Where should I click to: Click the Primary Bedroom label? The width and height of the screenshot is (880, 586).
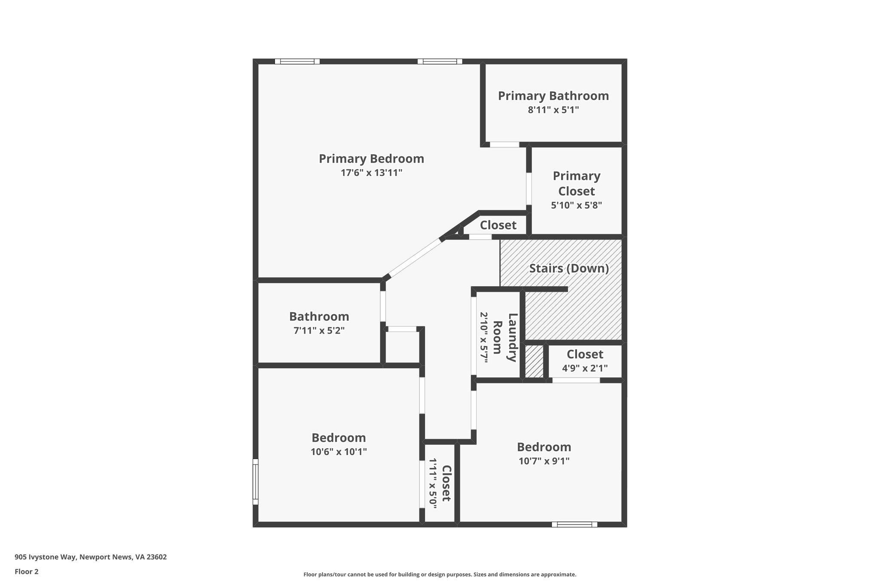[x=371, y=159]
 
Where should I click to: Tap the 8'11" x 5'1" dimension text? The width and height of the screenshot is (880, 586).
[x=553, y=110]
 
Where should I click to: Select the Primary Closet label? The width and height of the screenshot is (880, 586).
[x=576, y=183]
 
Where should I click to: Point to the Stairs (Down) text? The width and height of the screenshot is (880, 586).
[x=568, y=268]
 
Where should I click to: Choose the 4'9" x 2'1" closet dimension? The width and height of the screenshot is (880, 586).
[x=584, y=368]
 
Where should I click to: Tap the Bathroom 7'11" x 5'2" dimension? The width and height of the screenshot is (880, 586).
[x=319, y=331]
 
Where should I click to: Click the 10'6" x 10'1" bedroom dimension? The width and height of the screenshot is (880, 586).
[x=339, y=452]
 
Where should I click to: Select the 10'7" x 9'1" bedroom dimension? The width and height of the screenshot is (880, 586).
[x=544, y=461]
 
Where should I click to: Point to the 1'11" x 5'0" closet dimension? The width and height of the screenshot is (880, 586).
[x=433, y=483]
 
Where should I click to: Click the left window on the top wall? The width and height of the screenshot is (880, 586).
[x=297, y=61]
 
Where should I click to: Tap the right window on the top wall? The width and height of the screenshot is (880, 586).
[x=440, y=61]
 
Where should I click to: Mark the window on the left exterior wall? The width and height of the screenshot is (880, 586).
[x=255, y=481]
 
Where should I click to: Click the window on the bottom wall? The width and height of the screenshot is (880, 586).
[x=574, y=524]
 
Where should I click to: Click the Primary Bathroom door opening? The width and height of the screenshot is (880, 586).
[x=504, y=145]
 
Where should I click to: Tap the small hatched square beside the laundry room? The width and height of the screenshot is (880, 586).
[x=534, y=361]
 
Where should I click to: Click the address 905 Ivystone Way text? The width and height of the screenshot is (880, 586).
[x=91, y=557]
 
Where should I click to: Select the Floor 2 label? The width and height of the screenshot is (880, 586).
[x=27, y=572]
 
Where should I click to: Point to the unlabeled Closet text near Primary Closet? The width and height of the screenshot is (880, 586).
[x=498, y=225]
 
